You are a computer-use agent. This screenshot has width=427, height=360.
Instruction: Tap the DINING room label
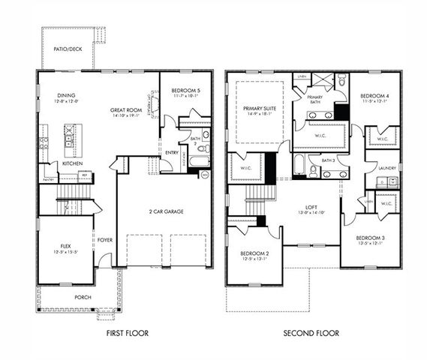coord(65,96)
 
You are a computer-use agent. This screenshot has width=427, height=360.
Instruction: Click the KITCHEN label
coord(72,163)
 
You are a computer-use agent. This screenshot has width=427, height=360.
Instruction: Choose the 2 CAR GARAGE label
coord(166,211)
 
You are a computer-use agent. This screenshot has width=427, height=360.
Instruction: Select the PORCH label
coord(83,297)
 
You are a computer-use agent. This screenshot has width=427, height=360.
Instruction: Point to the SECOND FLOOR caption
coord(311,333)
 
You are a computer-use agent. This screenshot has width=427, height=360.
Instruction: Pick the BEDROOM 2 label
coord(254,253)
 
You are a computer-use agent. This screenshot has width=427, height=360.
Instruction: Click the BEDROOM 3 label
coord(371,238)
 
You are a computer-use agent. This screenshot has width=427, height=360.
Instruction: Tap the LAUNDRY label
coord(387,168)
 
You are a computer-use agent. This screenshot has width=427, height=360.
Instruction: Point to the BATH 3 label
coord(328,160)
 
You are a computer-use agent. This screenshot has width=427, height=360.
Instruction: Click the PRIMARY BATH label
coord(315,100)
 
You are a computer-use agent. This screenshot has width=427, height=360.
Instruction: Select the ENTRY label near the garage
coord(172,154)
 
